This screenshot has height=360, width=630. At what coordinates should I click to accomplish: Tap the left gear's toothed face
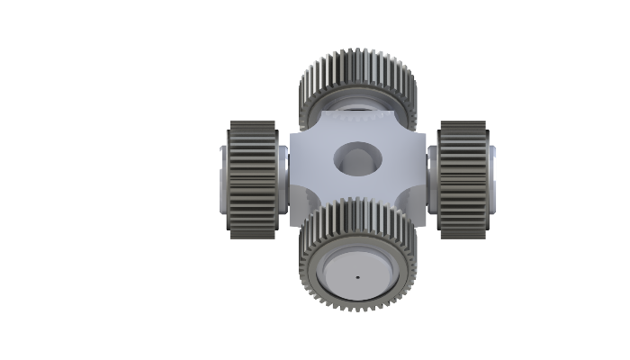pos(249,180)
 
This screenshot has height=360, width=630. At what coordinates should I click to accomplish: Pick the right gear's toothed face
pos(463,180)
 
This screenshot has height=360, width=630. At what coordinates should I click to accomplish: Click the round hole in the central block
pos(357,160)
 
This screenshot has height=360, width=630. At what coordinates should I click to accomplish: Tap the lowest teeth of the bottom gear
pos(358,306)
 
